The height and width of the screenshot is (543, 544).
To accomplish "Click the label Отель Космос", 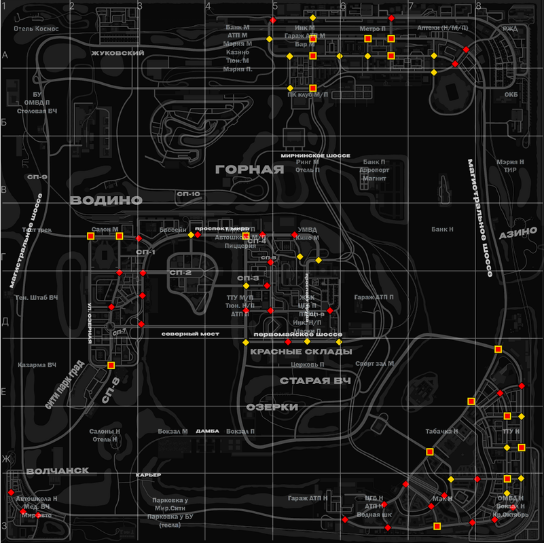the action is point(37,29).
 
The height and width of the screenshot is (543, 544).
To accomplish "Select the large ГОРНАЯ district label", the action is point(249,169).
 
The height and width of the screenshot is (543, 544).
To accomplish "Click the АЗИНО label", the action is point(518,233).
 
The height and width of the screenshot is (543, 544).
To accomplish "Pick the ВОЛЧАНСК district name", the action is point(58,470).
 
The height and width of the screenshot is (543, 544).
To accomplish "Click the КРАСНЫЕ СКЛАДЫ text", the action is point(301,352).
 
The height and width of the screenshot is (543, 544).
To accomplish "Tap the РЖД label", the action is point(509,29).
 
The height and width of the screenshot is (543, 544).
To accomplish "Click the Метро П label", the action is point(372,29).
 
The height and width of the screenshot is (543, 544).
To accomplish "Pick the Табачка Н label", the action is point(442,431).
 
